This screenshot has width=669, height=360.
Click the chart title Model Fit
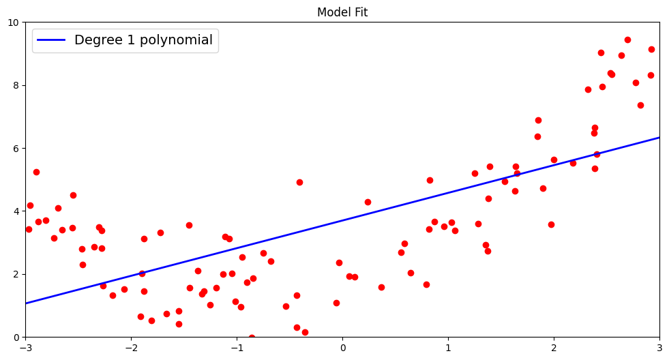tap(342, 12)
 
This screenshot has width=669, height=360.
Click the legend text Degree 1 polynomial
tap(143, 40)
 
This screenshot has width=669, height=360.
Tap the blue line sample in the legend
tap(51, 41)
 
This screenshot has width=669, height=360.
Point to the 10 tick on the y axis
tap(13, 22)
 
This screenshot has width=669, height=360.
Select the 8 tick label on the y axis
tap(16, 85)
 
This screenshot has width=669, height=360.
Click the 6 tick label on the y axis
tap(16, 149)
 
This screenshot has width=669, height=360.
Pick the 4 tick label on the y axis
tap(16, 211)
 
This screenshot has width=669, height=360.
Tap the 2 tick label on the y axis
tap(16, 274)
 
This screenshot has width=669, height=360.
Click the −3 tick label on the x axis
tap(25, 348)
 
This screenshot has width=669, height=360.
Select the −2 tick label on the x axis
tap(131, 348)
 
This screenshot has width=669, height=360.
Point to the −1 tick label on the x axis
tap(237, 348)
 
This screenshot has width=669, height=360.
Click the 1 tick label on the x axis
tap(448, 348)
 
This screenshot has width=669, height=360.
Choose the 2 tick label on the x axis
tap(554, 348)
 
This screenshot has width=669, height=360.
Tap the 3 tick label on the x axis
tap(659, 348)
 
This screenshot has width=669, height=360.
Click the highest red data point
tap(627, 40)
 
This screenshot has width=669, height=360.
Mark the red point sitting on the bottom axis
tap(252, 337)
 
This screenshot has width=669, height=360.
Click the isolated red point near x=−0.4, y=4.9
tap(299, 182)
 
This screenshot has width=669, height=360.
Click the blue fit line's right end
tap(659, 138)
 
